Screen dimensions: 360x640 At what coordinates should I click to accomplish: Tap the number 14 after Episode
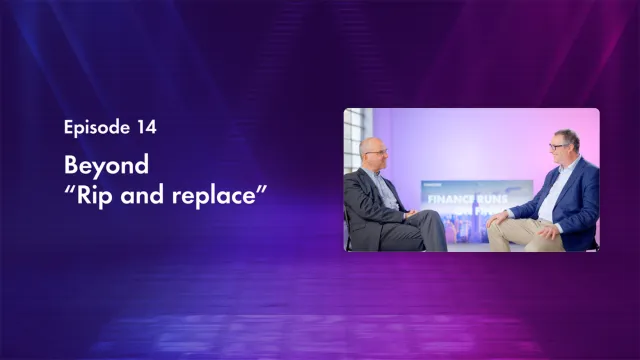(x=146, y=127)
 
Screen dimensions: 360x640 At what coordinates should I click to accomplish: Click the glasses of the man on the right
(x=557, y=147)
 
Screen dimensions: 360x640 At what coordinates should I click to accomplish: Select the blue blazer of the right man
(x=578, y=195)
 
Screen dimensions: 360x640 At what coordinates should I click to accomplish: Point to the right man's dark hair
(x=567, y=135)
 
